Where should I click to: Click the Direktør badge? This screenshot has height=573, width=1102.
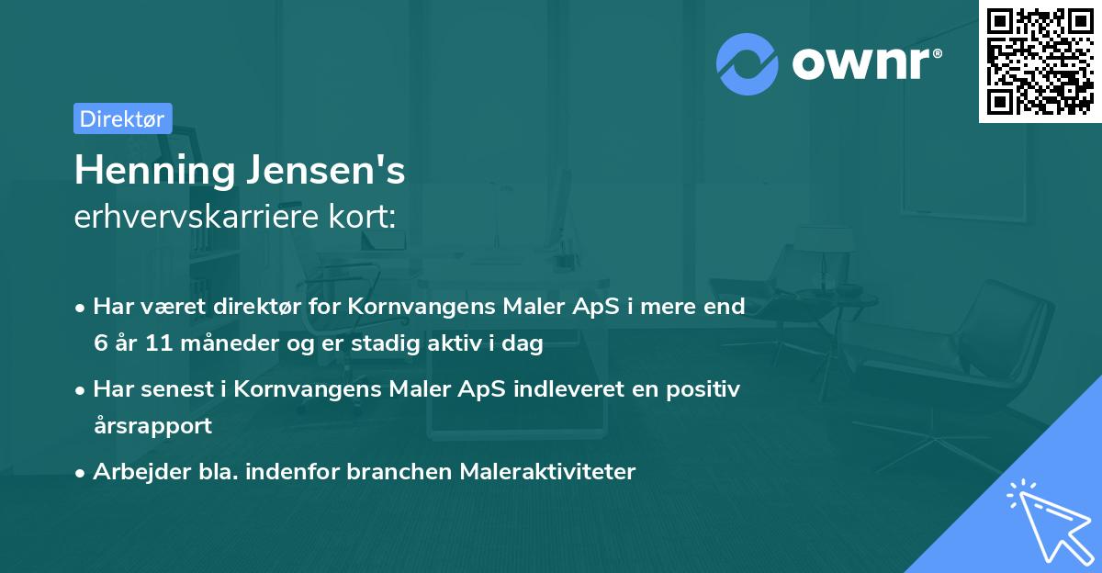122,118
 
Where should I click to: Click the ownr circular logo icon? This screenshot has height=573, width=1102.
748,64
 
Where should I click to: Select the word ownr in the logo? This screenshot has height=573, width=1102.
863,64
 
